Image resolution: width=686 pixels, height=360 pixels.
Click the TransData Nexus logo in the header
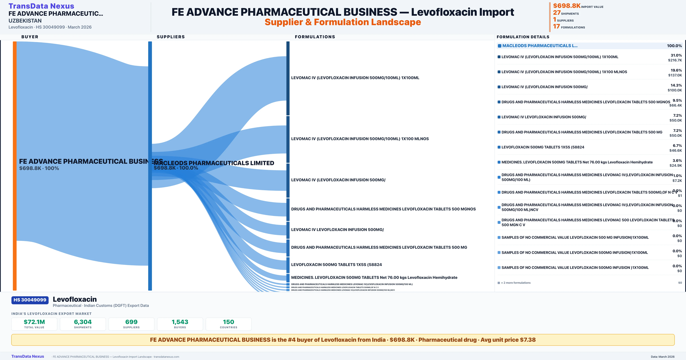(41, 6)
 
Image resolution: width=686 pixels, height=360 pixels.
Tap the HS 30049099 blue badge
(30, 300)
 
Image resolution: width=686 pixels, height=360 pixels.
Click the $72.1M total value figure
(34, 322)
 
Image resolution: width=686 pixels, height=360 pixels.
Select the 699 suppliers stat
(131, 322)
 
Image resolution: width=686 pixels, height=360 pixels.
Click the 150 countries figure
(229, 322)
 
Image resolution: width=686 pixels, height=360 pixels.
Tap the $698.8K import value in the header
(566, 6)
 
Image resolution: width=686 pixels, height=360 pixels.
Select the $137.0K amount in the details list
(675, 75)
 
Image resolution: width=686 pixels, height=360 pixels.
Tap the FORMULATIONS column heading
(315, 37)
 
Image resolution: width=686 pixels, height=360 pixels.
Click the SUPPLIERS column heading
(171, 37)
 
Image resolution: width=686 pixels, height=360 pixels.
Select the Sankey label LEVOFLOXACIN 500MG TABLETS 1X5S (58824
(336, 264)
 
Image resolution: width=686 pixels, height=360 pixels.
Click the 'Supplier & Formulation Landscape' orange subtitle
(343, 22)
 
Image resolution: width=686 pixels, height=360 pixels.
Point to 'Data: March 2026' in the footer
(663, 357)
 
